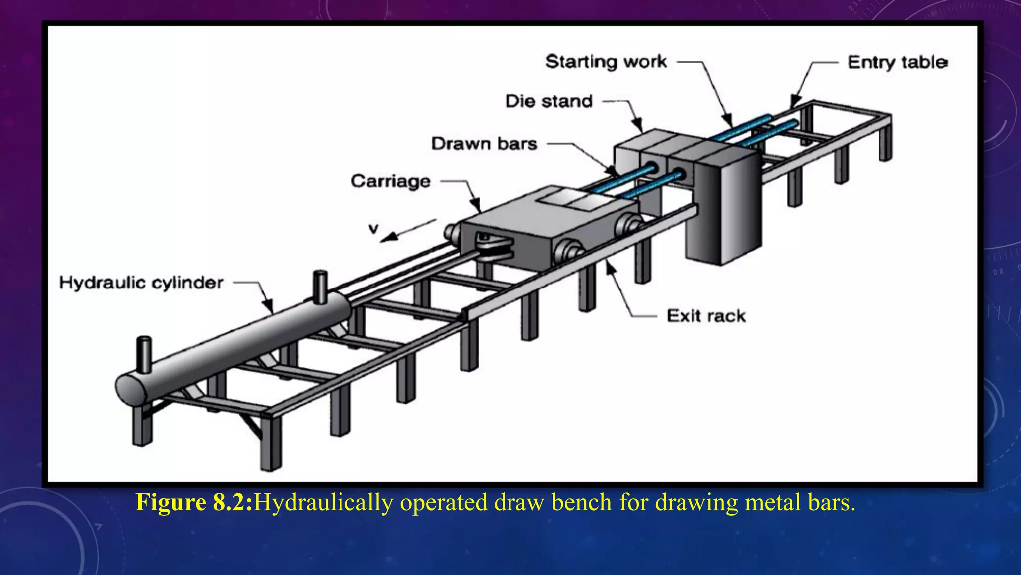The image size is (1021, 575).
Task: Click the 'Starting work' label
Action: pos(606,62)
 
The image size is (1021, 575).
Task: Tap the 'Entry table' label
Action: pos(897,62)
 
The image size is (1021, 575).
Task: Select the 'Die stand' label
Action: pos(549,101)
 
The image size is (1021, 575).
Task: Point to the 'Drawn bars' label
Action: pos(484,144)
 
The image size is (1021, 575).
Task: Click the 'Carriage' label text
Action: pos(390,181)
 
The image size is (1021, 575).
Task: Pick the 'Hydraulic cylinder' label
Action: pos(141,283)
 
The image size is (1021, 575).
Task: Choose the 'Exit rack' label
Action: pos(706,316)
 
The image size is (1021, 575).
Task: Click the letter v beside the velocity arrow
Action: pos(373,229)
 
